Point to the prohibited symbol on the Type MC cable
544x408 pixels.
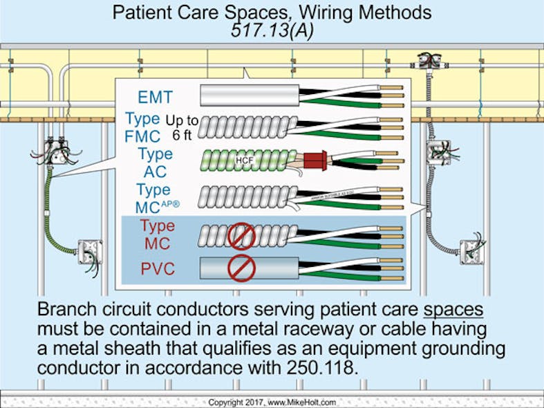point(242,237)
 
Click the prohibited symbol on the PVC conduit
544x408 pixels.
point(242,268)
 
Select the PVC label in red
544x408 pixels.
point(158,268)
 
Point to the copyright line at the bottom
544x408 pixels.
point(271,401)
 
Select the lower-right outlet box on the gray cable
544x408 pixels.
point(471,250)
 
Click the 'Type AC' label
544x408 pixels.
point(155,163)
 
